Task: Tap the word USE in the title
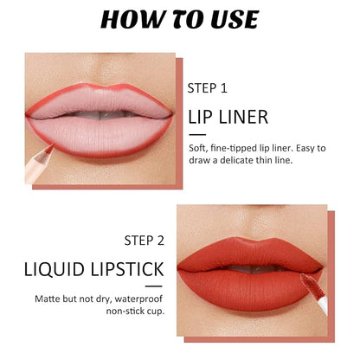(235, 19)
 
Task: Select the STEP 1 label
(208, 88)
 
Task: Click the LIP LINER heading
(228, 117)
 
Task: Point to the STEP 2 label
(145, 241)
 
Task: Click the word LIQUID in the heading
(55, 269)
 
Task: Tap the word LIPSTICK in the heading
(127, 269)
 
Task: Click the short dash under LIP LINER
(197, 135)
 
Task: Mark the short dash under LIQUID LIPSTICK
(154, 286)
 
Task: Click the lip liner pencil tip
(52, 145)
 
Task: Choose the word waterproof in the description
(138, 299)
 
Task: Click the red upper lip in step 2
(249, 254)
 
